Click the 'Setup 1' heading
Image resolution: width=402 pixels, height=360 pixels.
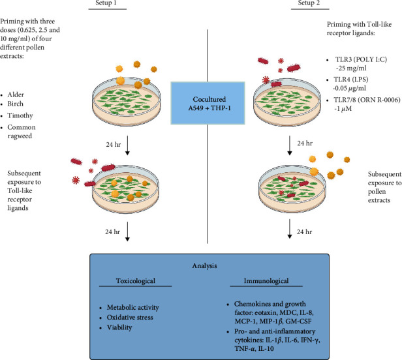click(106, 3)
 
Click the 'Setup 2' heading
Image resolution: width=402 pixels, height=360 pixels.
click(309, 3)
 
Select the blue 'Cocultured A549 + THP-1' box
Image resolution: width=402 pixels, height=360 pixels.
click(208, 103)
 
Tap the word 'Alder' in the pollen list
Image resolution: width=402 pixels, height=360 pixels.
click(16, 95)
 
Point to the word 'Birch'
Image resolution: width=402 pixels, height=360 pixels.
click(16, 104)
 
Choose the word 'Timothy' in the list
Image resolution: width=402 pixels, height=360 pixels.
click(20, 116)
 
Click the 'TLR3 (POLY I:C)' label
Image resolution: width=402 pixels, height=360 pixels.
click(362, 59)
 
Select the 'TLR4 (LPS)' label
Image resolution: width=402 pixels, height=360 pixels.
click(350, 80)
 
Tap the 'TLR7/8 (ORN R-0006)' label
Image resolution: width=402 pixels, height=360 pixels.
click(367, 100)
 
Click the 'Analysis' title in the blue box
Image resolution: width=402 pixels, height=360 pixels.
click(205, 265)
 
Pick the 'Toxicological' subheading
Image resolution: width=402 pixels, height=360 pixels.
click(136, 281)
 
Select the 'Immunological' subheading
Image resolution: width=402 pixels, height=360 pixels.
click(266, 281)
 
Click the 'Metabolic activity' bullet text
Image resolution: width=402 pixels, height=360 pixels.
click(133, 307)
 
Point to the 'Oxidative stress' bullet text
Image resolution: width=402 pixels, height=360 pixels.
click(130, 318)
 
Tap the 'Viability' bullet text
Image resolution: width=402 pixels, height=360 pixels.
click(119, 327)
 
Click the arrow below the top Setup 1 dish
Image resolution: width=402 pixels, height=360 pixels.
click(127, 145)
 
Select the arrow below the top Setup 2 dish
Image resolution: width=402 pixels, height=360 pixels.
click(290, 145)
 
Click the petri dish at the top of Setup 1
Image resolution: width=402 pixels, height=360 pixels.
click(127, 102)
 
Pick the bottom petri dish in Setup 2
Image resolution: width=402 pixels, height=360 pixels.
click(292, 190)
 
